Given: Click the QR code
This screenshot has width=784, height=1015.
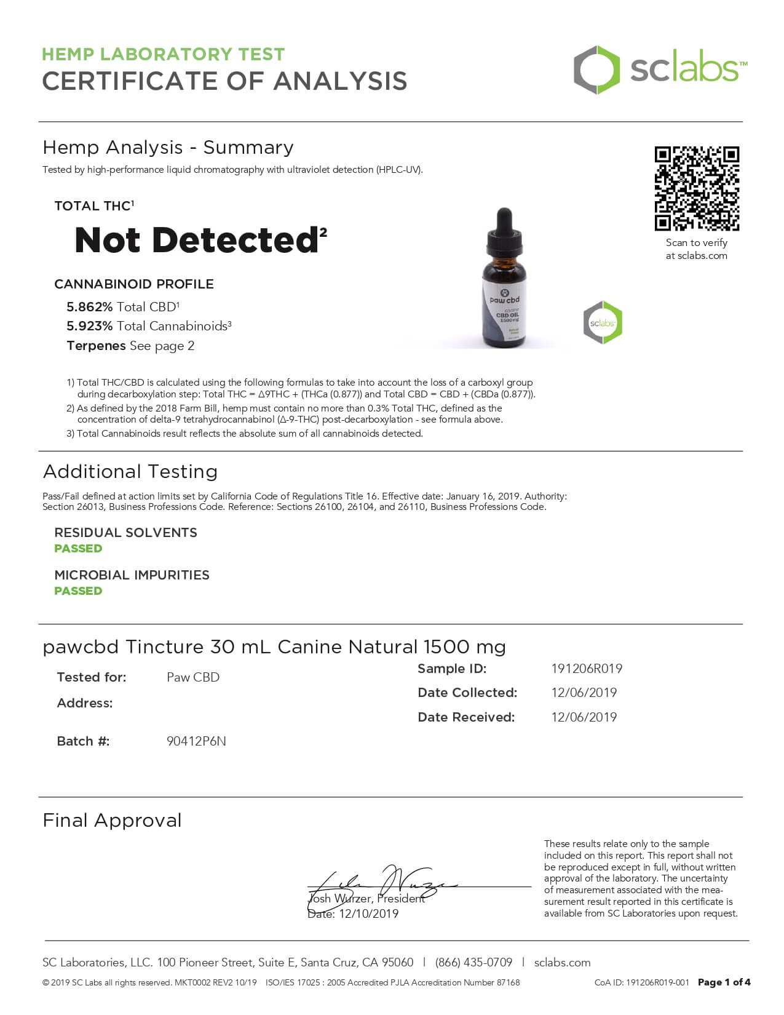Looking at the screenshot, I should point(697,188).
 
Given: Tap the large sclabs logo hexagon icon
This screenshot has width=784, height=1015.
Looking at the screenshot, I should point(596,70).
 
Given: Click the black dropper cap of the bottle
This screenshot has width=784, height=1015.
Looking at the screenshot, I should point(504,231).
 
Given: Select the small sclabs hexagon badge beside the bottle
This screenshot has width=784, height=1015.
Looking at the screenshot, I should point(603,322).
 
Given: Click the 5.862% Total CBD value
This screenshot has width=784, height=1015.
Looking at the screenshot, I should point(90,307).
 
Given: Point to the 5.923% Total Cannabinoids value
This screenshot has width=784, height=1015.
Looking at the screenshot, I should point(90,326).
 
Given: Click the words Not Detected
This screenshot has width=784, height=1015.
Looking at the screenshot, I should point(196,240).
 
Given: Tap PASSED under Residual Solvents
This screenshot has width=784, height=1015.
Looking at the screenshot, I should point(78,548).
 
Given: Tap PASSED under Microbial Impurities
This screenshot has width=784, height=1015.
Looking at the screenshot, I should point(78,591).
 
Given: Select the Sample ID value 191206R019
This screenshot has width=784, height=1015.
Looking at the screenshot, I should point(587,669).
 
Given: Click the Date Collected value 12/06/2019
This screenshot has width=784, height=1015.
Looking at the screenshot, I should point(584,693).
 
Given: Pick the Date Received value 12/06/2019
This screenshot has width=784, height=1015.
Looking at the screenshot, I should point(584,717).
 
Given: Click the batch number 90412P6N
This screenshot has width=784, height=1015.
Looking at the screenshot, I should point(196,741).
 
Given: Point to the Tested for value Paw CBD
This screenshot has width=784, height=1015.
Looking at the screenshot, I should point(193,677).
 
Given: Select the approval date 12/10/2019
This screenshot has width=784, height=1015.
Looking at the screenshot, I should point(368,913).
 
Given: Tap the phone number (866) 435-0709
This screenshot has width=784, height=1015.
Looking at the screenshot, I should point(473,962).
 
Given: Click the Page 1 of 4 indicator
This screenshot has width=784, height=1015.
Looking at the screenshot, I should point(724,982).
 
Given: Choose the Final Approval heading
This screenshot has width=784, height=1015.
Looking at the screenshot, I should point(113,820).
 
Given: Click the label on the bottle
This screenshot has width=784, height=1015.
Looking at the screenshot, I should point(505,311).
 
